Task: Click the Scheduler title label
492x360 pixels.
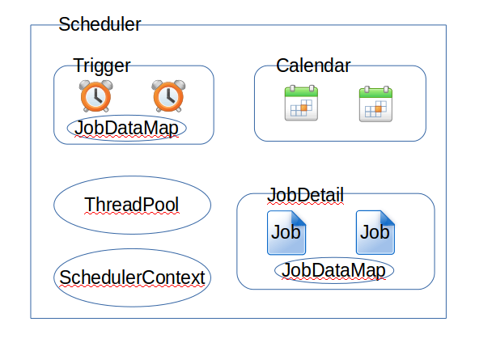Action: (x=100, y=24)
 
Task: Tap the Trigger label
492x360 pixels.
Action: (x=102, y=66)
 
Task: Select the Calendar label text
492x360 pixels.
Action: (x=313, y=66)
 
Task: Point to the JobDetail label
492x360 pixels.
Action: (x=305, y=195)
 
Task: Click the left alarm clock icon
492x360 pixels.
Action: (x=96, y=96)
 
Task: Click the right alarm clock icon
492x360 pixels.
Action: (x=168, y=96)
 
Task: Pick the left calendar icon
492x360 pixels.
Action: (x=301, y=103)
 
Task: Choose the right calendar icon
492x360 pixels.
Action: (x=375, y=104)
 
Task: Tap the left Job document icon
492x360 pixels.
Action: (x=286, y=232)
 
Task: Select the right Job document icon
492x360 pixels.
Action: (x=375, y=232)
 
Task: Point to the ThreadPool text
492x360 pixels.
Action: (x=132, y=205)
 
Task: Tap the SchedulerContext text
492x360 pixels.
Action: (x=132, y=277)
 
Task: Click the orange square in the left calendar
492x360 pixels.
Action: (x=303, y=108)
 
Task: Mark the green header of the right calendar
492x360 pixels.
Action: (x=375, y=93)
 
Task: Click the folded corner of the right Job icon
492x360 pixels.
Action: (x=387, y=218)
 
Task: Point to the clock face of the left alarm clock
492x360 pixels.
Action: (x=96, y=97)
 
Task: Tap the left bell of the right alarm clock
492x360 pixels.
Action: (x=157, y=85)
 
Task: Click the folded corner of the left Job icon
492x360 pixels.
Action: (x=299, y=218)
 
